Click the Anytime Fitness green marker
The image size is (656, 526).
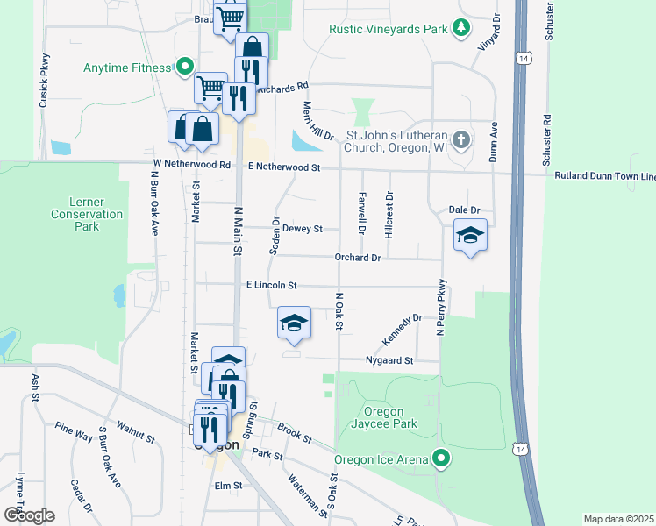184,67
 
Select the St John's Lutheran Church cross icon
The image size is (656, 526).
461,139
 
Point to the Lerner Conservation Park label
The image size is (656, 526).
86,214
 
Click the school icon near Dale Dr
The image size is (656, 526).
470,236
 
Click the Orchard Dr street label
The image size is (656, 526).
357,258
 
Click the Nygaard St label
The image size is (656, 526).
389,360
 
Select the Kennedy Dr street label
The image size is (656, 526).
402,330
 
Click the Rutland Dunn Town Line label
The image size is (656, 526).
604,176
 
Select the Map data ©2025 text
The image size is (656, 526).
619,519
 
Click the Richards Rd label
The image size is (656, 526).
284,88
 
